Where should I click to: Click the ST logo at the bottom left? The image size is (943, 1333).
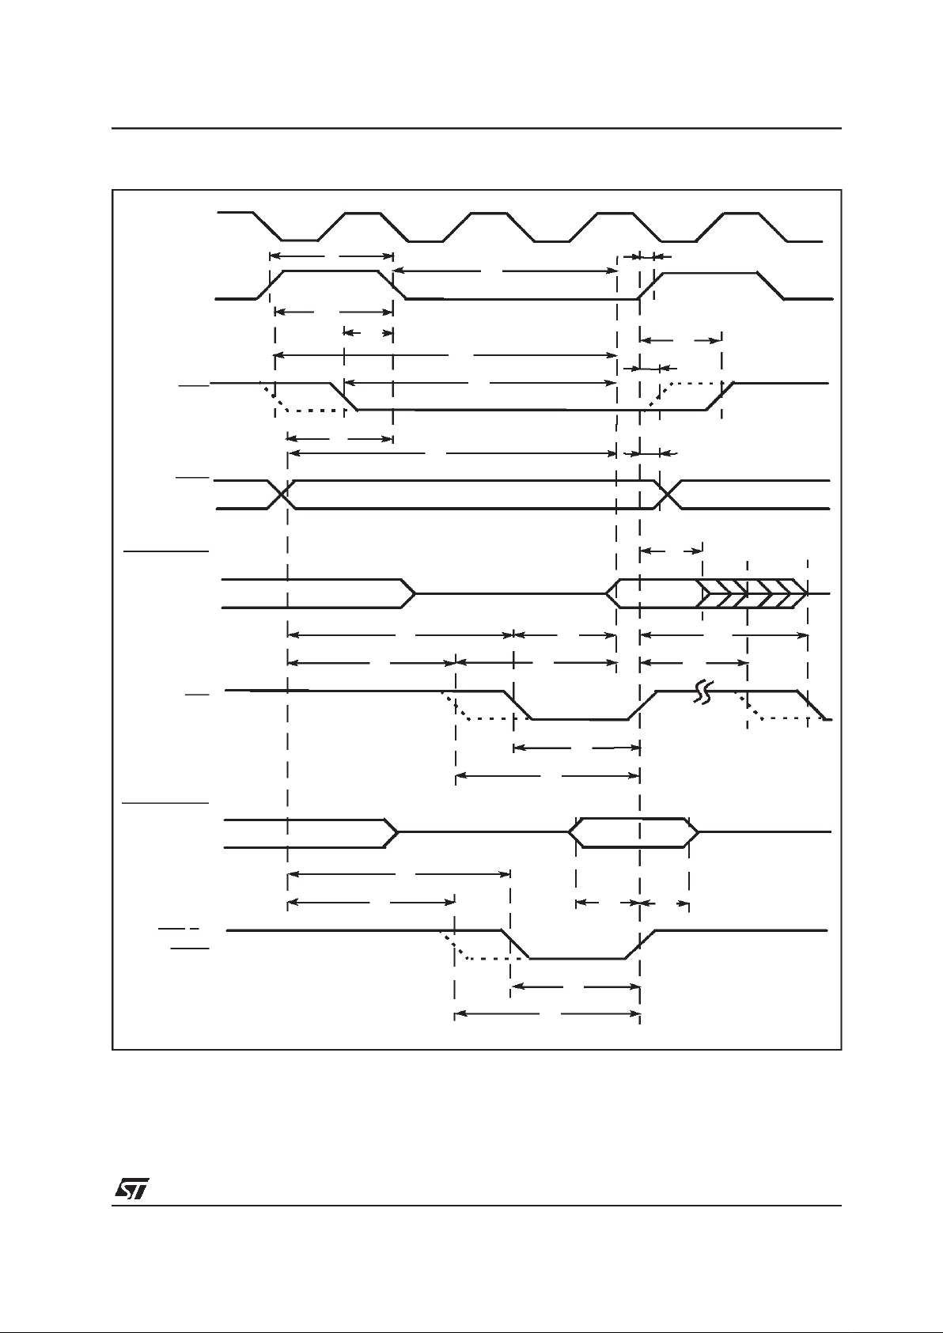(x=131, y=1191)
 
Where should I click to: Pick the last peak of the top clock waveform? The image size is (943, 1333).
(x=744, y=214)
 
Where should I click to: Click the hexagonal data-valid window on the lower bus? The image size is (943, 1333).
(x=633, y=832)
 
